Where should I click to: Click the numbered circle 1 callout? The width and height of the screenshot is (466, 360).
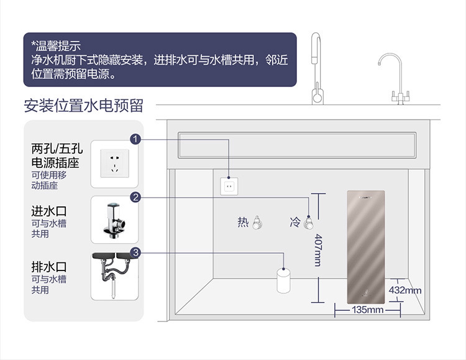point(135,139)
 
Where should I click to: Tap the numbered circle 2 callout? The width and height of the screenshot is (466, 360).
point(135,197)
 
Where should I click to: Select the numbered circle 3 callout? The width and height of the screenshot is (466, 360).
point(135,253)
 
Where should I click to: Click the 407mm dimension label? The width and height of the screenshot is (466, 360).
point(318,250)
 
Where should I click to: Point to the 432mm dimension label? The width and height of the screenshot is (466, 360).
point(404,290)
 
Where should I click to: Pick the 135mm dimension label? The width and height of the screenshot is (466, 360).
point(368,310)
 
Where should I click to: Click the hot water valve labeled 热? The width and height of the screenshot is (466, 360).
point(257,223)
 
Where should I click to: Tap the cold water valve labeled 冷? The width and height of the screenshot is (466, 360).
point(308,223)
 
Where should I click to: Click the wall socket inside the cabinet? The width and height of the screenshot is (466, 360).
point(229,187)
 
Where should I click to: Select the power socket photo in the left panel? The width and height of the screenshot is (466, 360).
point(114,164)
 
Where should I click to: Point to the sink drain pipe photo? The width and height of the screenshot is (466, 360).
point(114,276)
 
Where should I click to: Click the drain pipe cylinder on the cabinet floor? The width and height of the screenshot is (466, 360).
point(283,280)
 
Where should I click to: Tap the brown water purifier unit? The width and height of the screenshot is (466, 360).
point(366,247)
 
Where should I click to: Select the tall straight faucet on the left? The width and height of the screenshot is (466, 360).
point(317,69)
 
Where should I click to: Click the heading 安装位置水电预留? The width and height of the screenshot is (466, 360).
point(83,106)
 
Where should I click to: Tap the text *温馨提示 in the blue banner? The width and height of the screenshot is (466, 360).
point(56,46)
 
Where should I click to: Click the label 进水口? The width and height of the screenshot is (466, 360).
point(49,211)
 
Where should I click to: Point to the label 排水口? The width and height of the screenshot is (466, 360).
point(49,267)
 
